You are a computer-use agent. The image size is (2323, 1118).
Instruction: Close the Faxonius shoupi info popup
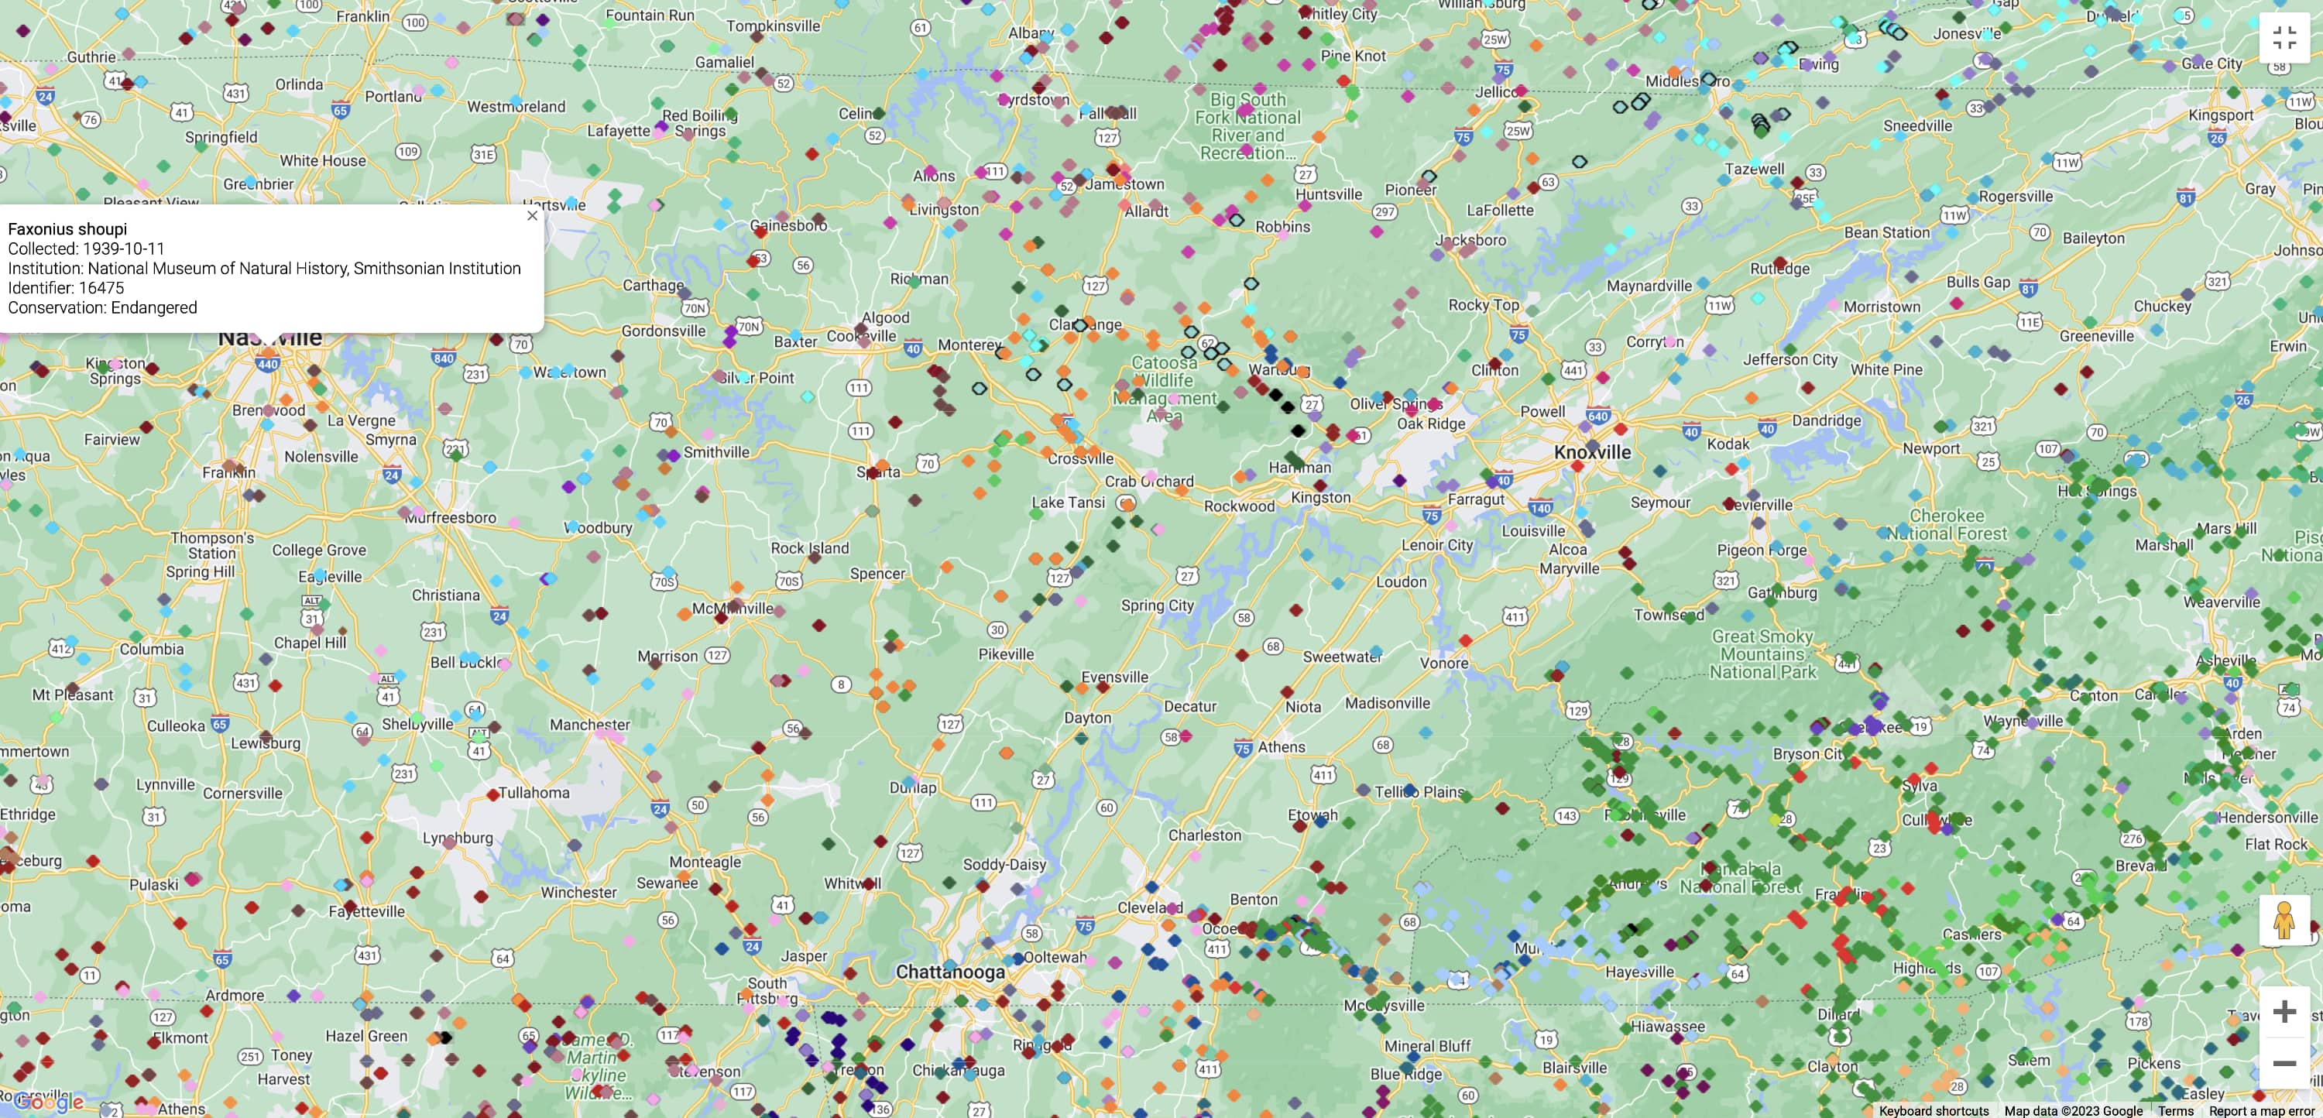(532, 215)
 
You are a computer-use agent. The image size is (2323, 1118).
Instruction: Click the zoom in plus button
(2284, 1012)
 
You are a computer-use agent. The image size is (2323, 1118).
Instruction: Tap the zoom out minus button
(2284, 1064)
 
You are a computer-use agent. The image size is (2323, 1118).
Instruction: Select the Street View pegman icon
(2284, 921)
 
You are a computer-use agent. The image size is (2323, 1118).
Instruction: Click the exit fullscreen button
(2284, 38)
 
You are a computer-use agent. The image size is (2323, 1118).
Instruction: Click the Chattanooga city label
(949, 972)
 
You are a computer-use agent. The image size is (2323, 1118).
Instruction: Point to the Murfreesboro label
(450, 517)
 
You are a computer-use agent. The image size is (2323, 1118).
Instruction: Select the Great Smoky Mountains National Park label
(1762, 653)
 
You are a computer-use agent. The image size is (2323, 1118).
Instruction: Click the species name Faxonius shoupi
(67, 229)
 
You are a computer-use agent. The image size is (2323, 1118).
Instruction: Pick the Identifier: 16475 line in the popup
(66, 287)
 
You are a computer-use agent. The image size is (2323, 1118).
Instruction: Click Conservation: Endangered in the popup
(102, 307)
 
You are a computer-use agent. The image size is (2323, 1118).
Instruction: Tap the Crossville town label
(1080, 458)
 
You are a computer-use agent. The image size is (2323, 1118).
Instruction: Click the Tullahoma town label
(534, 793)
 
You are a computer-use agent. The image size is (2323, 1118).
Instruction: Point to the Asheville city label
(2225, 660)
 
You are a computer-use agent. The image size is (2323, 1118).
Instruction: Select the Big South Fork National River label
(1247, 126)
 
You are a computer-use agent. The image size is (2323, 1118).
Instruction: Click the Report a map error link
(2262, 1111)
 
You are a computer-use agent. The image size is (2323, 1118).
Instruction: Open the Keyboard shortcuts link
(1934, 1111)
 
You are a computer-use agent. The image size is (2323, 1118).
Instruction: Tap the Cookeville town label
(861, 336)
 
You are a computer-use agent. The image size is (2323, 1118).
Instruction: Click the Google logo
(50, 1101)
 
